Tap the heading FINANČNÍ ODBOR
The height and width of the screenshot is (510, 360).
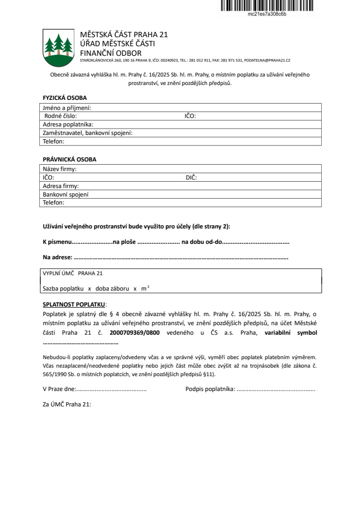(110, 53)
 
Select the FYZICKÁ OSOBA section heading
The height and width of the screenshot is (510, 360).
(64, 98)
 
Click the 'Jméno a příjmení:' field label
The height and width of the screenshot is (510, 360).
(67, 108)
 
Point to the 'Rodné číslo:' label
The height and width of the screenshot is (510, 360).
(61, 116)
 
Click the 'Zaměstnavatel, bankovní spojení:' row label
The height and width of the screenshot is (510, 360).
(88, 133)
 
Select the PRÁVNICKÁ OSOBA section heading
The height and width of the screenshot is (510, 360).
(70, 159)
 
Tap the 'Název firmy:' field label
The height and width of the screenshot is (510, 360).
(59, 169)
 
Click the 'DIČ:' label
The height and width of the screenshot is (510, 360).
(191, 177)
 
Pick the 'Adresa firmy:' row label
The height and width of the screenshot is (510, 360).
(61, 186)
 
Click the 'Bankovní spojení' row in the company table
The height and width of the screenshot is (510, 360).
(65, 194)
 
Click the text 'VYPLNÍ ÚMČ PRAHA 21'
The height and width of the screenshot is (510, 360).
(72, 274)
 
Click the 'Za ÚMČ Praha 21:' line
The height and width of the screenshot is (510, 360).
(67, 404)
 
